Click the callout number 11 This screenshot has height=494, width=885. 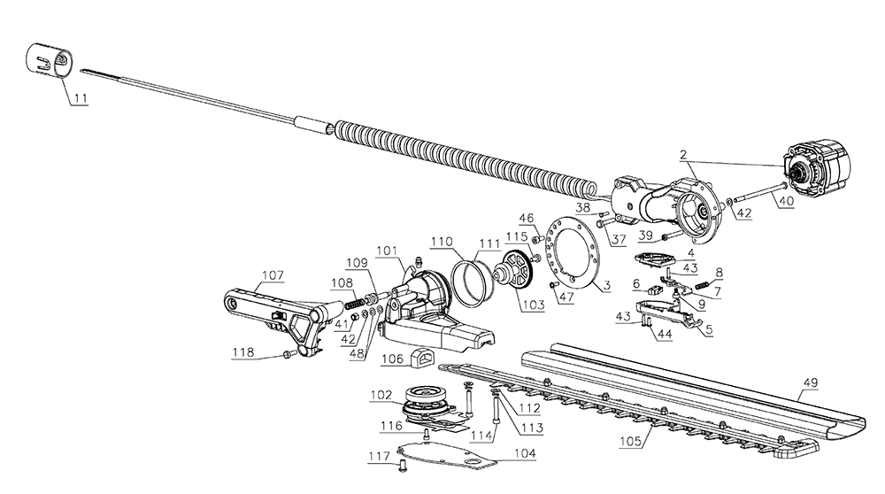[81, 98]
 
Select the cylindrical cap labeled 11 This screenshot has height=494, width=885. [50, 58]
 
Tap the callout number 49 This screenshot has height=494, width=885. [811, 382]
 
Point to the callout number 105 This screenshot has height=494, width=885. [630, 441]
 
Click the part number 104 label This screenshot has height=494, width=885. [525, 453]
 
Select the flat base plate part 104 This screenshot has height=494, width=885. [446, 455]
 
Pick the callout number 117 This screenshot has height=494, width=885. [380, 456]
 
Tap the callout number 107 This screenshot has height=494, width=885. [273, 275]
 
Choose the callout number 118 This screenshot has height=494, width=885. [243, 352]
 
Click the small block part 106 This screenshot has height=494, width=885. [423, 357]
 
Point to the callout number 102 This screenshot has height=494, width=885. [381, 395]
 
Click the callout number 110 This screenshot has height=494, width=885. [442, 242]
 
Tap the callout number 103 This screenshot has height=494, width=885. [534, 305]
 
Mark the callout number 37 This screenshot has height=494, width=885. [619, 239]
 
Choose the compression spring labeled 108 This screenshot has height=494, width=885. [353, 304]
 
